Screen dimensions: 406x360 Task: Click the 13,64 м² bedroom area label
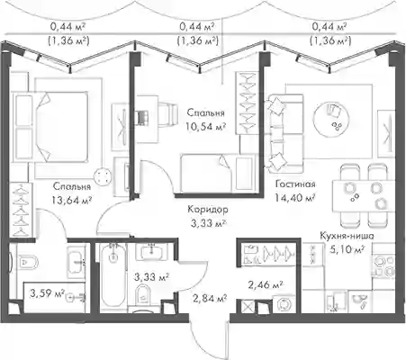point(71,200)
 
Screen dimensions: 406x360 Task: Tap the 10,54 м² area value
point(205,127)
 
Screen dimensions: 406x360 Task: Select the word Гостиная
point(295,184)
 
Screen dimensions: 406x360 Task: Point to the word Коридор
point(208,209)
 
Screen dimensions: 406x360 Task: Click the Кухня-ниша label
point(347,236)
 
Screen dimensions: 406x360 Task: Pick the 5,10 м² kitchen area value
point(347,249)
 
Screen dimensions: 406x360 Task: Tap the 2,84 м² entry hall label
point(210,299)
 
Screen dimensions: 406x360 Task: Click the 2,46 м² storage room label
point(266,284)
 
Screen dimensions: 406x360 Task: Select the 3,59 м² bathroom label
point(48,293)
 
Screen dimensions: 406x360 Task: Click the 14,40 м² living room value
point(295,198)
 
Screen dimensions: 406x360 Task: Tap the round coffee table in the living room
point(331,118)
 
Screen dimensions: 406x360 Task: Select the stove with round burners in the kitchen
point(383,266)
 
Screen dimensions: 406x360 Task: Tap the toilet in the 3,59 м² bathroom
point(26,262)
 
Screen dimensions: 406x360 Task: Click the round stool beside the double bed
point(102,175)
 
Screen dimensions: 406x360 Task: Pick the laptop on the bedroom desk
point(141,118)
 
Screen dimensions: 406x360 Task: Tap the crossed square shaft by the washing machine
point(248,307)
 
